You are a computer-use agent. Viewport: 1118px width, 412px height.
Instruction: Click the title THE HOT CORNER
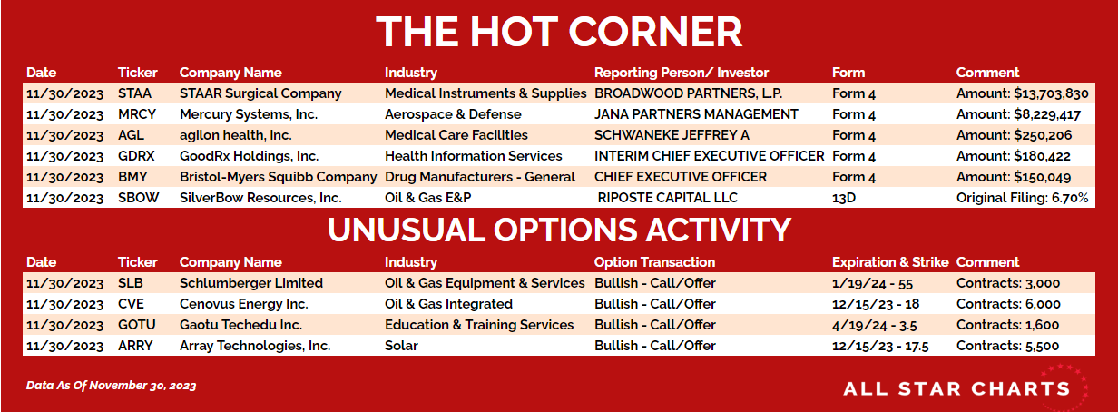tap(559, 32)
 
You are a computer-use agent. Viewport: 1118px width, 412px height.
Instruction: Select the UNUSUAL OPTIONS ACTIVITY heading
tap(559, 230)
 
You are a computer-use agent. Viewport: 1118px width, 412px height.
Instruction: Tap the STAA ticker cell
tap(134, 93)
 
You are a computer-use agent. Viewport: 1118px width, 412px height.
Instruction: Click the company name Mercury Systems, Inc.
tap(249, 115)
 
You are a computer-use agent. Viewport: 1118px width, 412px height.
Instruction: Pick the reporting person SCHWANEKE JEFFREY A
tap(672, 135)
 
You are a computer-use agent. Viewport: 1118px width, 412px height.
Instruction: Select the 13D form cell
tap(844, 198)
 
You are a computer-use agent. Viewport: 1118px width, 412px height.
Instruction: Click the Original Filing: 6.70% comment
tap(1022, 198)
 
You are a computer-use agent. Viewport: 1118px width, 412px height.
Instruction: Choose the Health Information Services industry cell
tap(473, 156)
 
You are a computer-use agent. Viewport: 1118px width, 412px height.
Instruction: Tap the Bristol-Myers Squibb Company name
tap(278, 177)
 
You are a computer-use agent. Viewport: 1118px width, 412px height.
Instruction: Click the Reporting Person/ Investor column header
tap(682, 73)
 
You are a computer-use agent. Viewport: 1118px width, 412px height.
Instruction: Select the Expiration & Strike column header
tap(890, 262)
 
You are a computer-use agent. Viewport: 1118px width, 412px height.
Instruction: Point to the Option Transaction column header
tap(654, 262)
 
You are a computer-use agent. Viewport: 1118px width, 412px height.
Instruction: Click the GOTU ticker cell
tap(136, 325)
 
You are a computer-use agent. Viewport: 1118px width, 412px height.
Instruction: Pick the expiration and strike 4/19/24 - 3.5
tap(875, 326)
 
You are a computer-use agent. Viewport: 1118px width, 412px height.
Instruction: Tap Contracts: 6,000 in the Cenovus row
tap(1008, 304)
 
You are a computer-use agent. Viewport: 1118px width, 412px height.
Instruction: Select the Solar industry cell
tap(401, 346)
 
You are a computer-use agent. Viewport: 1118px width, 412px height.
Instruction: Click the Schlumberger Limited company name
tap(251, 283)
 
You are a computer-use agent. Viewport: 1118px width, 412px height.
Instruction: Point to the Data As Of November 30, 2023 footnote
tap(111, 386)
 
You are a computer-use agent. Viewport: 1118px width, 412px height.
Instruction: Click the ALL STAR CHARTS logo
tap(956, 389)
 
